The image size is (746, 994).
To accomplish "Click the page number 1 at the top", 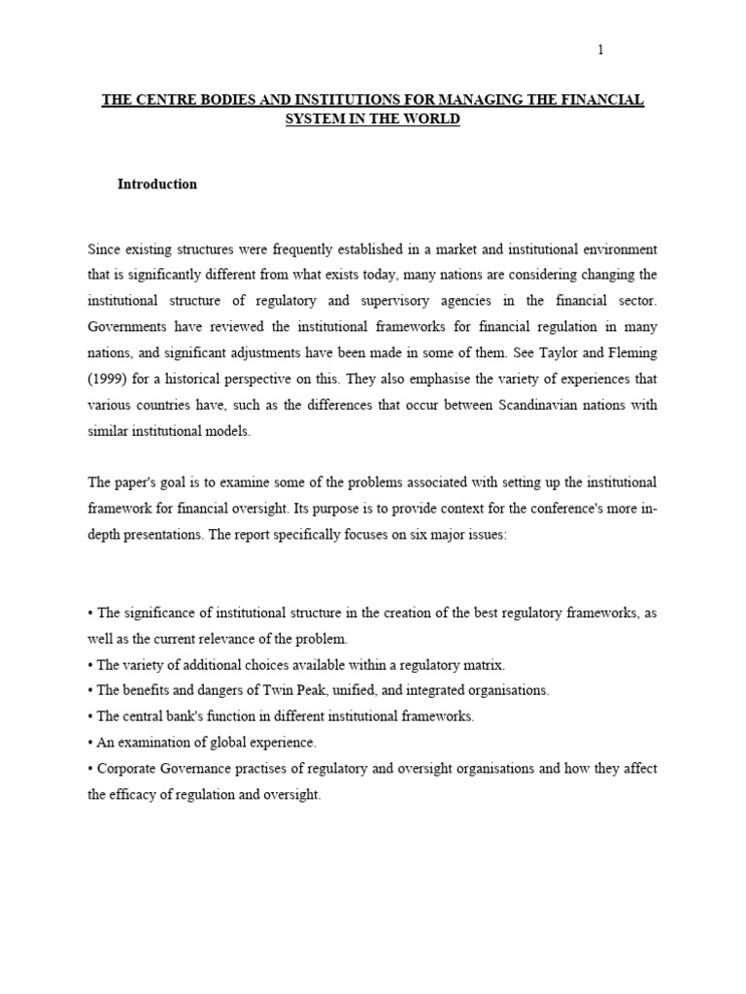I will (600, 50).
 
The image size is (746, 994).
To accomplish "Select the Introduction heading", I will (157, 184).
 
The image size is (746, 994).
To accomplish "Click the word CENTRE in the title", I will (167, 101).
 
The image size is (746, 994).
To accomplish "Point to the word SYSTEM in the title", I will (308, 118).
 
